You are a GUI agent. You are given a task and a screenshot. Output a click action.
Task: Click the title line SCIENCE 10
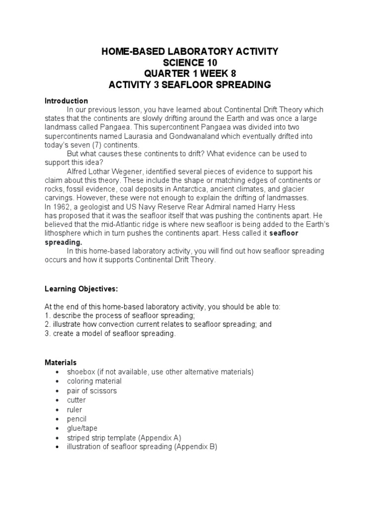pos(190,62)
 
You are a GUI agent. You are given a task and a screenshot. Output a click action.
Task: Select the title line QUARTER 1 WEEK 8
pos(190,73)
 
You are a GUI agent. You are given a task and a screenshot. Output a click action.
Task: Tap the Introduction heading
pos(66,101)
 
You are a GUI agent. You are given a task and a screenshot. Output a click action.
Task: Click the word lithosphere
pos(63,233)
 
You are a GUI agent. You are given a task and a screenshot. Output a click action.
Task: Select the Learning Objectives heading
pos(82,289)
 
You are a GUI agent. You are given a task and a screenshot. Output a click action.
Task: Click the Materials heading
pos(60,362)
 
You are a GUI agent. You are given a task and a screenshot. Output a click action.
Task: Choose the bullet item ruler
pos(75,409)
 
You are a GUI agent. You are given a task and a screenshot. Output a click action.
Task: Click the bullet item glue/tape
pos(83,428)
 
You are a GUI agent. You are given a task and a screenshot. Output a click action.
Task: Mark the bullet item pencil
pos(77,419)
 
